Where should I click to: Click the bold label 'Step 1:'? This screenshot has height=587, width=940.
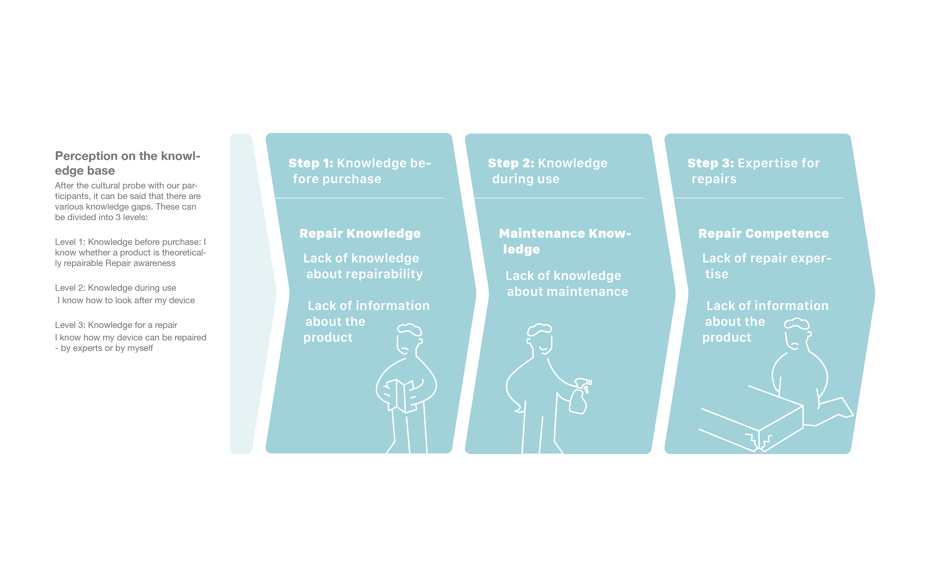click(x=311, y=163)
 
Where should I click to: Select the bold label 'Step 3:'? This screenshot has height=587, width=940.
click(x=710, y=163)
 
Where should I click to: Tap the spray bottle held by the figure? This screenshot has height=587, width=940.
click(x=579, y=398)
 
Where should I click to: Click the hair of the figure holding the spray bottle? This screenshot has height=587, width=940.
click(x=539, y=329)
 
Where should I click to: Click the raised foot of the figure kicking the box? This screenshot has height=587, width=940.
click(x=841, y=408)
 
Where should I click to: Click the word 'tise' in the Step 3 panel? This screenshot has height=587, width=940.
click(x=717, y=274)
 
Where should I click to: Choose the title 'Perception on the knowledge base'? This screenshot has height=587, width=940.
click(x=127, y=163)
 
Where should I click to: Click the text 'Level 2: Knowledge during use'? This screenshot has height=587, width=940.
click(x=115, y=288)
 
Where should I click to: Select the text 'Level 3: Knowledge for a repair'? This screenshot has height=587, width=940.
click(x=116, y=325)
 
